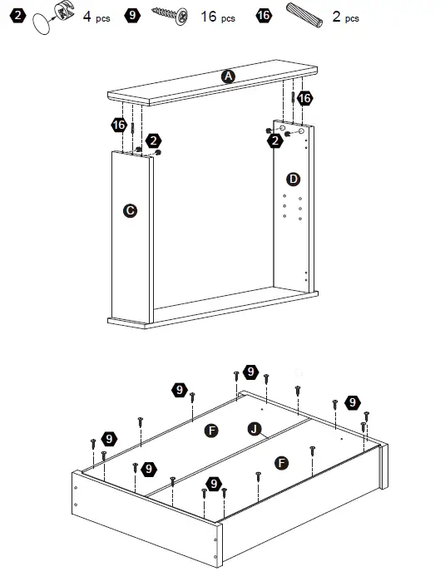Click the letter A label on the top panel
coord(228,76)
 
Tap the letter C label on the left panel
coord(130,210)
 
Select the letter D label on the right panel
coord(294,179)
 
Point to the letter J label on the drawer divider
coord(255,429)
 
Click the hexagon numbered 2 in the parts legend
coord(18,16)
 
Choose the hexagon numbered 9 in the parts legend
coord(132,16)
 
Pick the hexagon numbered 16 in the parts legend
coord(264,16)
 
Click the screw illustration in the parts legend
coord(170,15)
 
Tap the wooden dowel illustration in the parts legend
coord(304,16)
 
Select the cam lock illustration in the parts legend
coord(64,11)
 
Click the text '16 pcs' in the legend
coord(218,17)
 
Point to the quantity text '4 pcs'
coord(96,17)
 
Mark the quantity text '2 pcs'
coord(346,17)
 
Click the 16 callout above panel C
coord(119,125)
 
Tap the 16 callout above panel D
coord(304,98)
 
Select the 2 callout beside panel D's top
coord(275,140)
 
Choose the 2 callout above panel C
coord(153,141)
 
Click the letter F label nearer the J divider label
coord(212,431)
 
